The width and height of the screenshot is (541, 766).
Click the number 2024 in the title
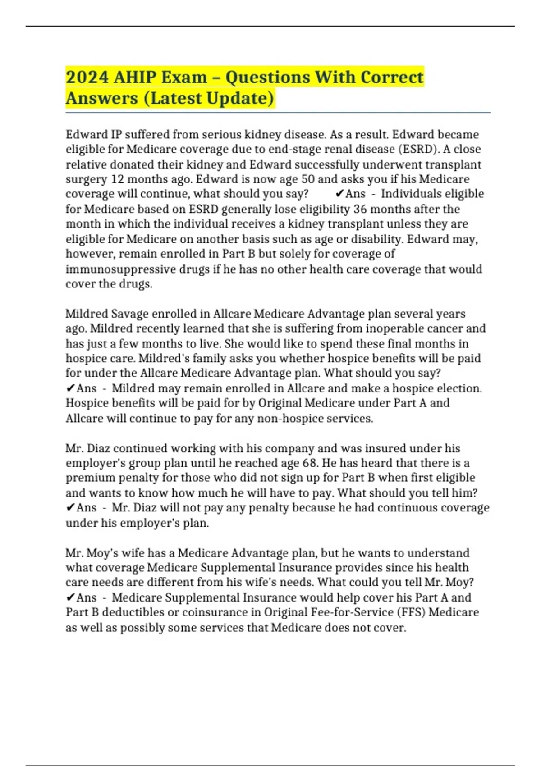coord(87,77)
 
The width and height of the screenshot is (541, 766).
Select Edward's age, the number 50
coord(308,179)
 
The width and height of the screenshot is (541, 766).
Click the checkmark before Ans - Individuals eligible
coord(340,194)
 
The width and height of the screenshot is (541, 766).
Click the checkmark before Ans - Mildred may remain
coord(70,388)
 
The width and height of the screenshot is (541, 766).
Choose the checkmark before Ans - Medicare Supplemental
coord(70,597)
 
